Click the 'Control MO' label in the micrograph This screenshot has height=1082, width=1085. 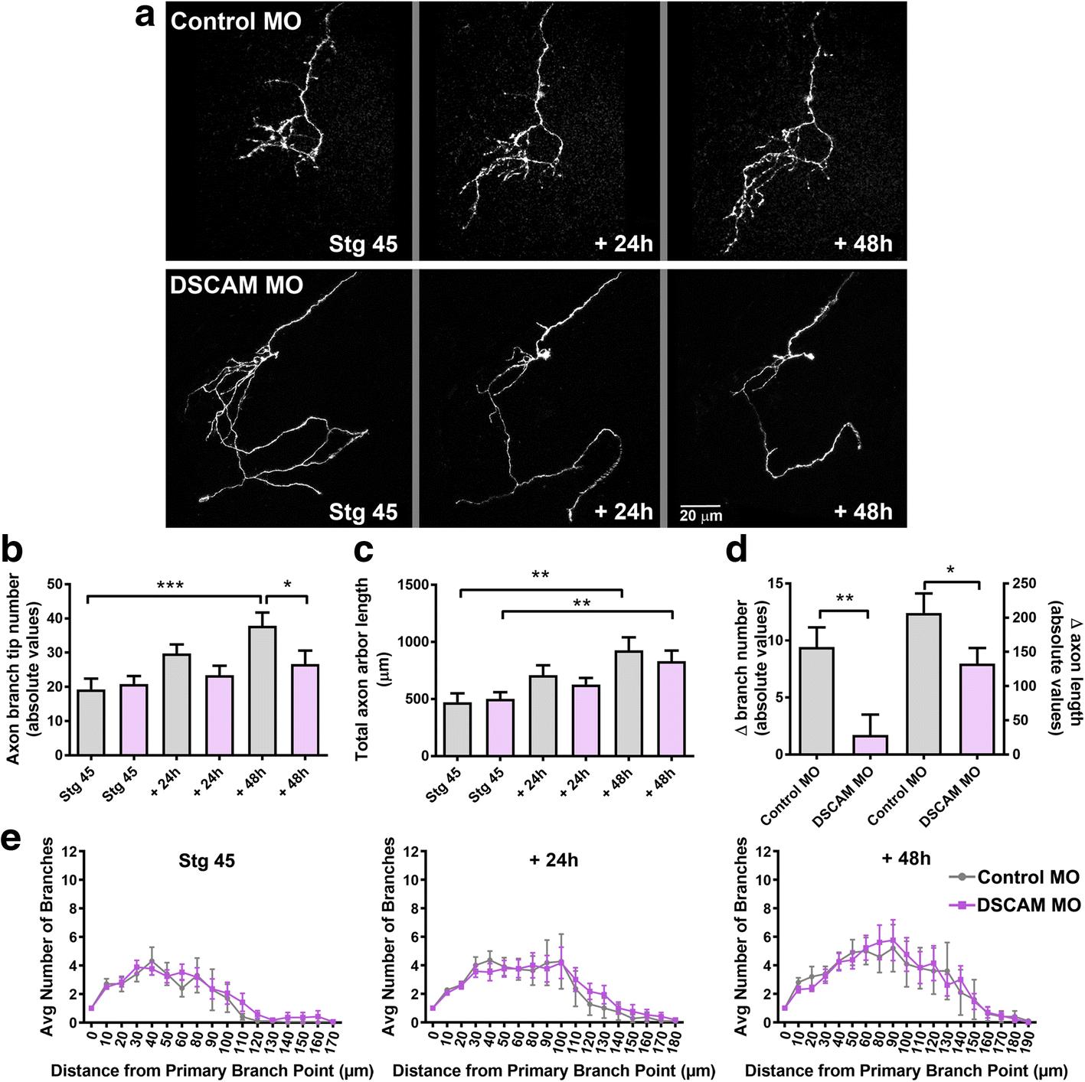pos(236,21)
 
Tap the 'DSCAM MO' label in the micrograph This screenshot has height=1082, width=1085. pos(237,285)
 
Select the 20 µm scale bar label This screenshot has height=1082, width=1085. pos(701,516)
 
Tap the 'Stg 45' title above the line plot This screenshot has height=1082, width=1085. pos(206,860)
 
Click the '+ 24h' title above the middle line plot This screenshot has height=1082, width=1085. pos(553,860)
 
